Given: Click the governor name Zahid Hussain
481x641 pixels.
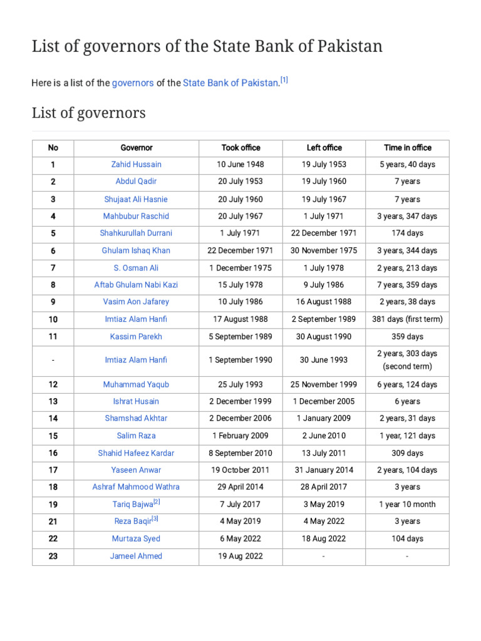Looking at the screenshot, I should click(x=136, y=165).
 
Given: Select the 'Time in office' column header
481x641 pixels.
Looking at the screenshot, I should click(x=407, y=148).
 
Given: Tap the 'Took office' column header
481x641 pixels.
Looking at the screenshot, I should click(x=240, y=148).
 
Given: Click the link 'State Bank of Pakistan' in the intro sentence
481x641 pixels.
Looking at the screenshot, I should click(x=230, y=83).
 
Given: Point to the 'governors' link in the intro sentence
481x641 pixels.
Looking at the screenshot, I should click(x=133, y=83).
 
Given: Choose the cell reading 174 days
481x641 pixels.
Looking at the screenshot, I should click(x=407, y=233).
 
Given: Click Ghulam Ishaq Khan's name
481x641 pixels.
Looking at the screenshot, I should click(x=136, y=250).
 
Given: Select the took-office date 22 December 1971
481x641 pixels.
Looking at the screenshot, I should click(x=240, y=250).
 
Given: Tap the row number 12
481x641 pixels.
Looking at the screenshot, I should click(x=53, y=384).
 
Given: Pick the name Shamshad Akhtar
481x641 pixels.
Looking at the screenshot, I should click(x=136, y=418).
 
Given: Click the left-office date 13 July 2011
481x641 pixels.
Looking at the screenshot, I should click(x=324, y=453).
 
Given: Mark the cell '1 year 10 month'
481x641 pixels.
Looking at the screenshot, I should click(x=407, y=504).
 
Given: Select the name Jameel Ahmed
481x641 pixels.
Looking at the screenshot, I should click(x=136, y=556).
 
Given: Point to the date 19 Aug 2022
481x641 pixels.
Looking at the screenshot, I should click(x=240, y=556).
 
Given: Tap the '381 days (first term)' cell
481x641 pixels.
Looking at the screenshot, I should click(x=407, y=319).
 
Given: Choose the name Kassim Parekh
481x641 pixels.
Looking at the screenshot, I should click(x=136, y=336).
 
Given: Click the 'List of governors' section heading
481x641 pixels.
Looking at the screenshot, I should click(x=88, y=113).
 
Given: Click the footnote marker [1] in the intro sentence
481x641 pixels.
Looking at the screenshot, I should click(x=284, y=80).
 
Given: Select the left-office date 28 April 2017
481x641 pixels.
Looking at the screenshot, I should click(x=324, y=487).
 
